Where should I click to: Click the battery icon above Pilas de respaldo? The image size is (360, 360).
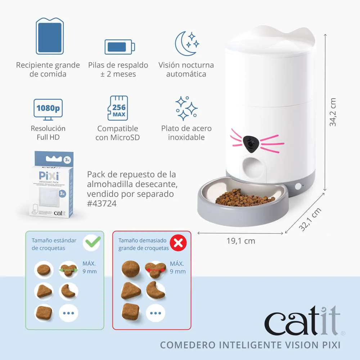click(120, 47)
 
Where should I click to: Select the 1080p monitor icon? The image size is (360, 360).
click(48, 108)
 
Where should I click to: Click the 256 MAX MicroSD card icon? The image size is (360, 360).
click(118, 108)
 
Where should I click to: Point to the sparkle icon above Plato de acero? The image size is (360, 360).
click(186, 108)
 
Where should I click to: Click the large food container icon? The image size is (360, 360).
click(50, 36)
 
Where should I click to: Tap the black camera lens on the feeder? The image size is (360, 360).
click(251, 144)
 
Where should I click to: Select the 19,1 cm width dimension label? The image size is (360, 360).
click(240, 241)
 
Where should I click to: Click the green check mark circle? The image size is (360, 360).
click(91, 243)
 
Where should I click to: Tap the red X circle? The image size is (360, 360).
click(178, 244)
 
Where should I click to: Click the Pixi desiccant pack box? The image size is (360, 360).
click(51, 184)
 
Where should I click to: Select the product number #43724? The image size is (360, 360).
click(102, 204)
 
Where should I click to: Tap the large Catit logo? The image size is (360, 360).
click(302, 320)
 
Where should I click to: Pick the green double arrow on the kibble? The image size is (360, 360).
click(69, 269)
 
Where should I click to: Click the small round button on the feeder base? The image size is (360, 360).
click(298, 186)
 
